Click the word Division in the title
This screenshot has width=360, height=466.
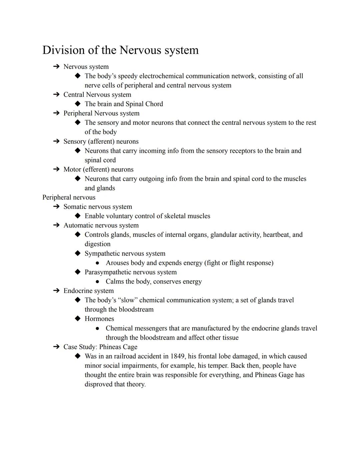pos(63,50)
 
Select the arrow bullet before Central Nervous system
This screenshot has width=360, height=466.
pos(56,95)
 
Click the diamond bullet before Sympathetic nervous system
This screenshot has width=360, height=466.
pos(78,254)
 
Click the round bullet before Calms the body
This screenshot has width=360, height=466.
pos(97,282)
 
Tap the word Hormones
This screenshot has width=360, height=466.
pos(99,319)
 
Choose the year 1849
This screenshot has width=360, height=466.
pos(177,356)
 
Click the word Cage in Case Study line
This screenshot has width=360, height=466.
pos(130,347)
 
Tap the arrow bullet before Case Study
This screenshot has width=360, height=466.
pos(56,347)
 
